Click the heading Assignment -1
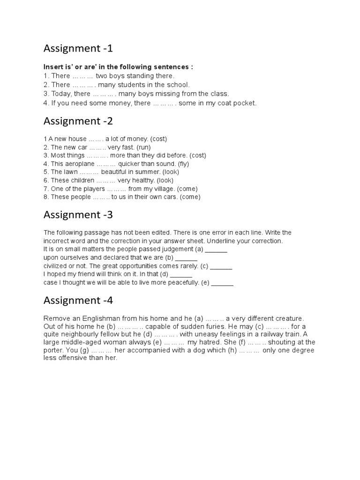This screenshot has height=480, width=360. tap(78, 48)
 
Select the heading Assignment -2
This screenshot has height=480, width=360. tap(78, 121)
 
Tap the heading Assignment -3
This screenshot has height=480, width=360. tap(78, 215)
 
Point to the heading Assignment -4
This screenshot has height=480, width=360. tap(78, 300)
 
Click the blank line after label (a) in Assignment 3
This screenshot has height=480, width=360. tap(216, 250)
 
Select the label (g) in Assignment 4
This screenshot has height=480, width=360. tap(82, 350)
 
